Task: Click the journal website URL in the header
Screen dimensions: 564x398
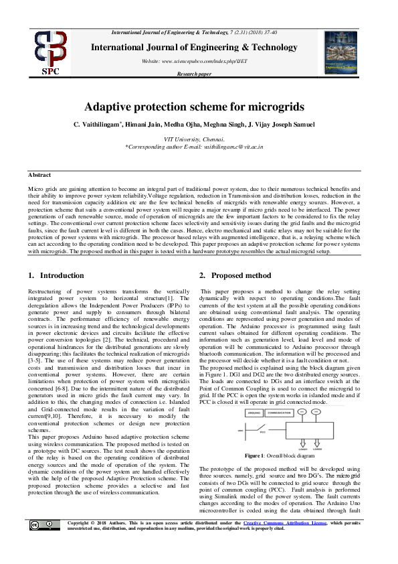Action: [200, 61]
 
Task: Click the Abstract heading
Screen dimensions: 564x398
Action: [41, 175]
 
